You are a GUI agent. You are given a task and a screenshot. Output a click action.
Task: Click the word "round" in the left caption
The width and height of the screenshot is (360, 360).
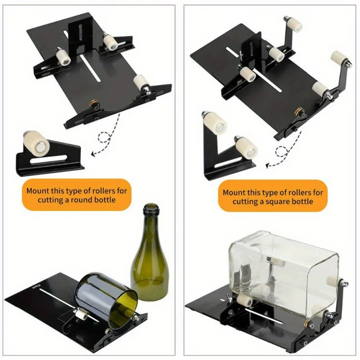[x=85, y=199]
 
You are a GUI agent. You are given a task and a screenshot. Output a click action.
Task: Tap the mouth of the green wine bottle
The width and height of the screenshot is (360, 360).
[x=150, y=208]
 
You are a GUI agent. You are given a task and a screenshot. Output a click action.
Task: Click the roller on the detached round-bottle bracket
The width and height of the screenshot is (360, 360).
[x=36, y=141]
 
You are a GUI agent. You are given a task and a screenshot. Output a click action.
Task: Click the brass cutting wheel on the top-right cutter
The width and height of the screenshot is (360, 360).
[x=298, y=111]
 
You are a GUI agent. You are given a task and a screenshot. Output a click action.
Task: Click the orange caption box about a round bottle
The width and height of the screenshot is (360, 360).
[x=76, y=195]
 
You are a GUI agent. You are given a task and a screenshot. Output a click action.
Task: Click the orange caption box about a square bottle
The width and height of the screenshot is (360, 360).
[x=273, y=197]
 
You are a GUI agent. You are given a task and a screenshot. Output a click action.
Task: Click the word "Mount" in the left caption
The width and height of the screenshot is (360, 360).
[x=37, y=191]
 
